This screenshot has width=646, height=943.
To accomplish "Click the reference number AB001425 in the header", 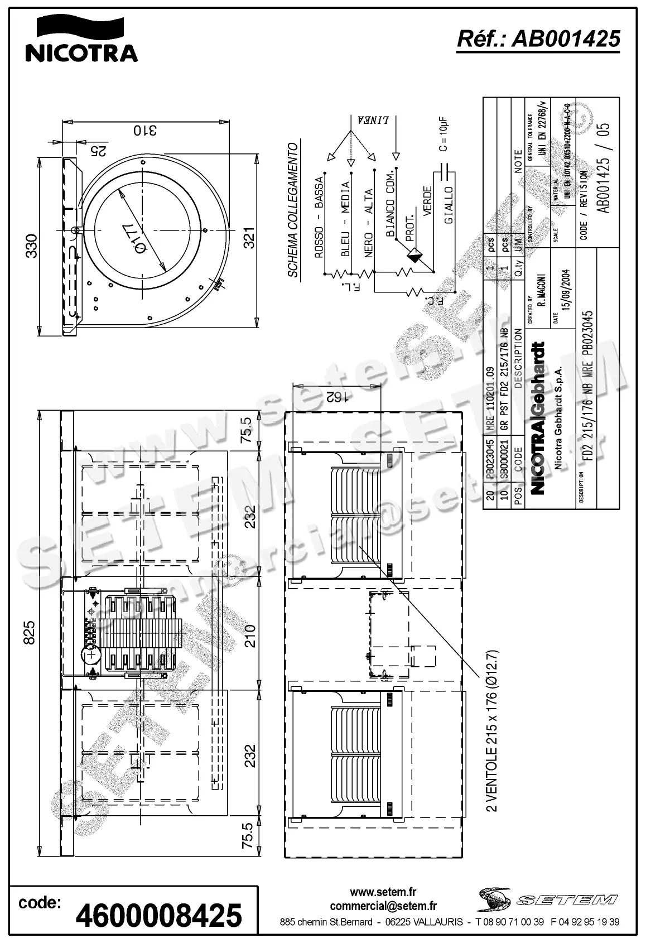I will pyautogui.click(x=538, y=39).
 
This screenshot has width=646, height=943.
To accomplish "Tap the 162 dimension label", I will pyautogui.click(x=336, y=397).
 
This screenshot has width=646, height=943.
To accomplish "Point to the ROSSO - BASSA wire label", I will pyautogui.click(x=319, y=218).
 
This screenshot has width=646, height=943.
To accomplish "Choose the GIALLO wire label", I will pyautogui.click(x=449, y=205).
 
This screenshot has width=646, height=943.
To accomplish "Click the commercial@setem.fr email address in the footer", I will pyautogui.click(x=383, y=906).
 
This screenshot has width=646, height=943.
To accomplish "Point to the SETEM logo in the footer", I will pyautogui.click(x=547, y=899).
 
